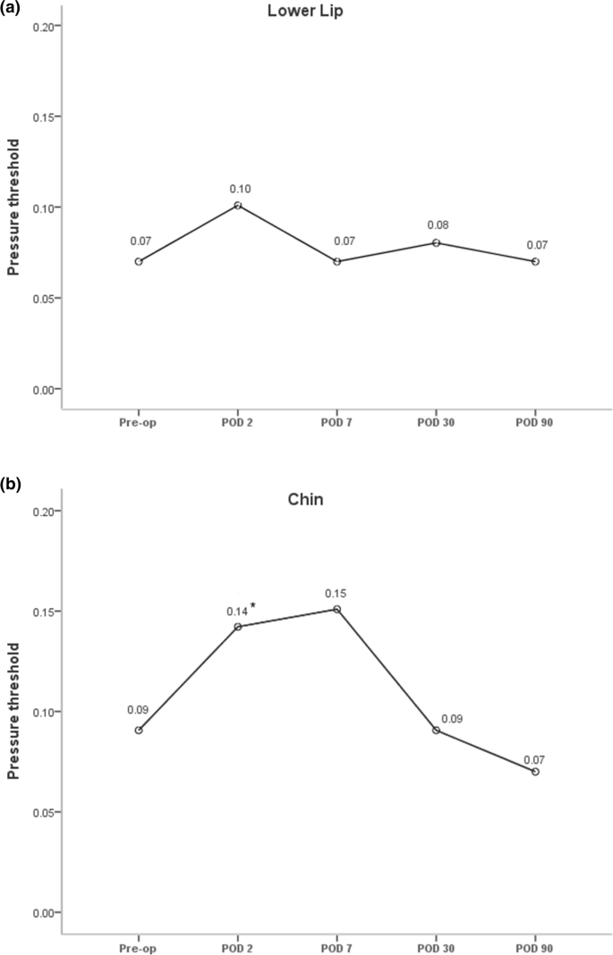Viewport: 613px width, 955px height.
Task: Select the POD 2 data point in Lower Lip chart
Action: click(238, 206)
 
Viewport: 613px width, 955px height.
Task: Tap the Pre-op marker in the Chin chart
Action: click(139, 731)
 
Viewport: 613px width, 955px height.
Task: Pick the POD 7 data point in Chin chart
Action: click(336, 609)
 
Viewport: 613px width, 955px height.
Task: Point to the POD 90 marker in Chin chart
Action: click(535, 771)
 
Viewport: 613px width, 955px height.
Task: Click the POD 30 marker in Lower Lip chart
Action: click(436, 242)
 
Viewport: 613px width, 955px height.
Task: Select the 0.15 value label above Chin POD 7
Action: click(336, 592)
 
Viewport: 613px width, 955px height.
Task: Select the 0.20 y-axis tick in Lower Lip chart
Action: click(38, 26)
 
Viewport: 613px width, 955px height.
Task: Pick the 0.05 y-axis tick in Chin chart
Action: click(38, 812)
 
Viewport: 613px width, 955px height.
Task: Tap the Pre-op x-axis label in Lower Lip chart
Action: click(139, 422)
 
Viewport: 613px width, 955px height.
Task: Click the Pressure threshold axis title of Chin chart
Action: click(13, 712)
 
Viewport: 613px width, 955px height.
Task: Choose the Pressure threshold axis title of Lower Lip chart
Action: click(13, 207)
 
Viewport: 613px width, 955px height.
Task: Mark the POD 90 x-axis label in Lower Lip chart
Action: click(535, 422)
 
